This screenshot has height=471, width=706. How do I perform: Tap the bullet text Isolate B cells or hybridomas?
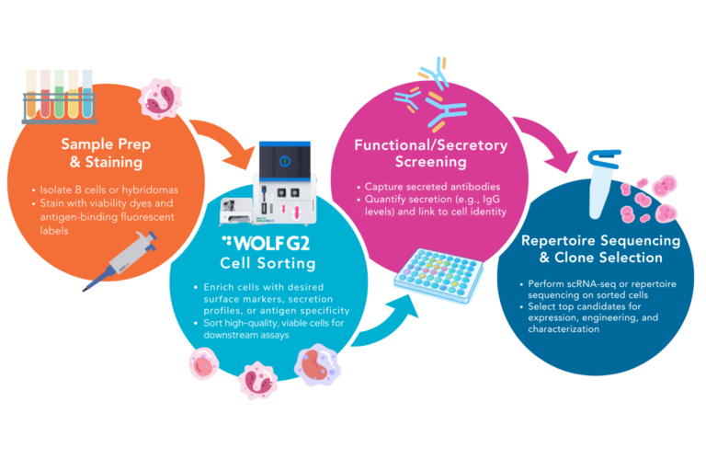(x=120, y=190)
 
